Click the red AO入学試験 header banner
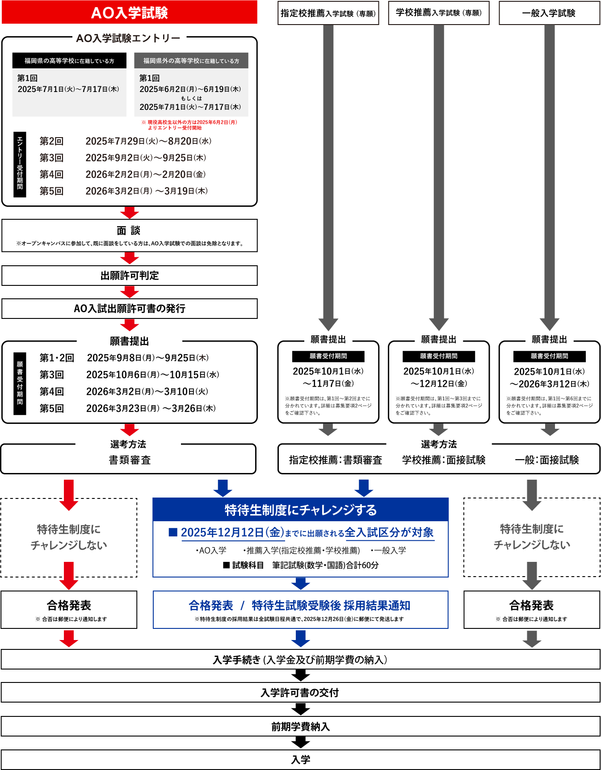pyautogui.click(x=129, y=13)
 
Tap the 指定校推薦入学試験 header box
pyautogui.click(x=328, y=13)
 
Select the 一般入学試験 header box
pyautogui.click(x=549, y=13)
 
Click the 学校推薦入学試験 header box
pyautogui.click(x=438, y=13)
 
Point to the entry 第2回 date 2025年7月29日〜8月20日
pyautogui.click(x=148, y=141)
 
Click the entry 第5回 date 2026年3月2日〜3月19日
pyautogui.click(x=147, y=191)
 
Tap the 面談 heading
pyautogui.click(x=129, y=230)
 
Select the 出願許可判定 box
pyautogui.click(x=130, y=276)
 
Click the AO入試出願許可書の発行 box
pyautogui.click(x=130, y=309)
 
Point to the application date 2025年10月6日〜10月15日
pyautogui.click(x=152, y=375)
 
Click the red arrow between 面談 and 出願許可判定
pyautogui.click(x=130, y=259)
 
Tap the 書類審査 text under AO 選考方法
pyautogui.click(x=130, y=460)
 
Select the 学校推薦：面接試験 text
pyautogui.click(x=444, y=460)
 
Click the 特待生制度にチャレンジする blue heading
pyautogui.click(x=300, y=510)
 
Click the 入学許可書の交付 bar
pyautogui.click(x=300, y=693)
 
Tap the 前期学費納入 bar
pyautogui.click(x=300, y=727)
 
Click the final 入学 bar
pyautogui.click(x=300, y=760)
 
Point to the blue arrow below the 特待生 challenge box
pyautogui.click(x=301, y=583)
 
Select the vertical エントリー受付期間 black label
pyautogui.click(x=20, y=164)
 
